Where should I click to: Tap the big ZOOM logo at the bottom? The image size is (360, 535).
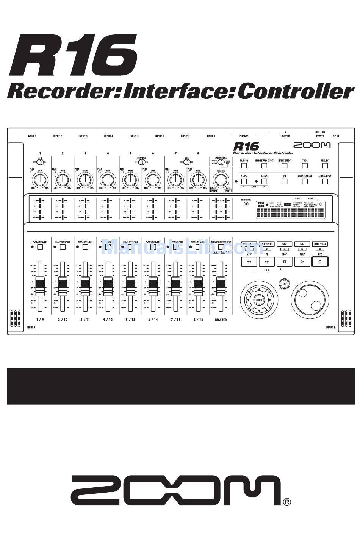pyautogui.click(x=176, y=491)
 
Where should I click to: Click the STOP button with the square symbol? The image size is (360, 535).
pyautogui.click(x=284, y=261)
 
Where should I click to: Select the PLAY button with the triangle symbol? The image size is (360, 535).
pyautogui.click(x=302, y=261)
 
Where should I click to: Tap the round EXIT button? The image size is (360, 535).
pyautogui.click(x=284, y=284)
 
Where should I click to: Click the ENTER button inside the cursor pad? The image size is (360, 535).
pyautogui.click(x=259, y=300)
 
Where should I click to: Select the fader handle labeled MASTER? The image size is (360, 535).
pyautogui.click(x=221, y=283)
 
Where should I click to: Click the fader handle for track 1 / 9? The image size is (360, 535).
pyautogui.click(x=40, y=283)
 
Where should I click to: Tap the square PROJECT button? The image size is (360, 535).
pyautogui.click(x=325, y=165)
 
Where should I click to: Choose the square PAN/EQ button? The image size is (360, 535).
pyautogui.click(x=244, y=165)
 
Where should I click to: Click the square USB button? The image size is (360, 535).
pyautogui.click(x=284, y=181)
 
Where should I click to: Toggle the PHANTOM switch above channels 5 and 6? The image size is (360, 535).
pyautogui.click(x=141, y=162)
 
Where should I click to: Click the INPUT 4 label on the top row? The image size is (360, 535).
pyautogui.click(x=108, y=136)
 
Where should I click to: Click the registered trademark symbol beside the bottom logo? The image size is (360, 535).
pyautogui.click(x=287, y=502)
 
